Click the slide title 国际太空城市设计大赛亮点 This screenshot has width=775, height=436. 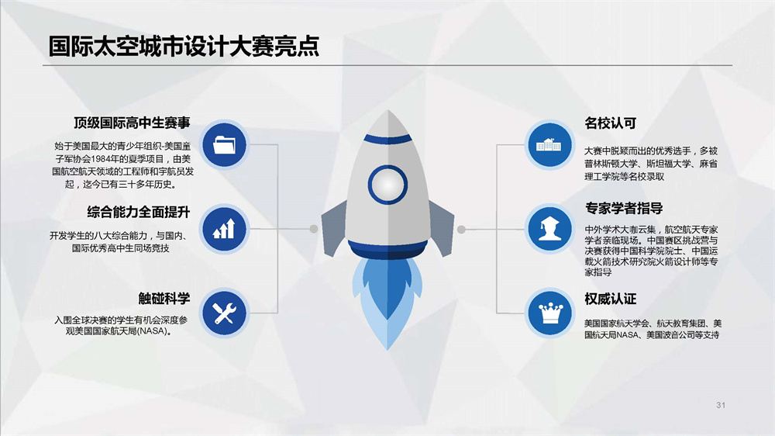tap(184, 47)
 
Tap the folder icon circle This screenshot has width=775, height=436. tap(225, 145)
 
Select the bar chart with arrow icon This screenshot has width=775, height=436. tap(225, 229)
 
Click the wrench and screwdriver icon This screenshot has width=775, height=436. tap(225, 313)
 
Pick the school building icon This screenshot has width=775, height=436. tap(549, 145)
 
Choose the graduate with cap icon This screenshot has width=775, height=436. tap(549, 228)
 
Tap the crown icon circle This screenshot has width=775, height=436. tap(550, 313)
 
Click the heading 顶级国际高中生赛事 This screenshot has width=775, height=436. tap(132, 123)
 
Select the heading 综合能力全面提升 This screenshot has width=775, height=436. tap(139, 213)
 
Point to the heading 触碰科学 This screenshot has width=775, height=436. tap(164, 299)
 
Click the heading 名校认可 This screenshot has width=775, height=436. tap(611, 123)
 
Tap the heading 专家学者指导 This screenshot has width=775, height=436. tap(624, 209)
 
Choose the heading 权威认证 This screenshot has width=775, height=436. tap(611, 299)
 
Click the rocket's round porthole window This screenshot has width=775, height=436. tap(387, 185)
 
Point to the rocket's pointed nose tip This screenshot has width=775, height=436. tap(388, 110)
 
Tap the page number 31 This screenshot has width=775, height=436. tap(721, 405)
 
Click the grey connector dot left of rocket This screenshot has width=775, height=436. tap(314, 229)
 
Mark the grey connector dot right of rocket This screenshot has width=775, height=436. tap(461, 229)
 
